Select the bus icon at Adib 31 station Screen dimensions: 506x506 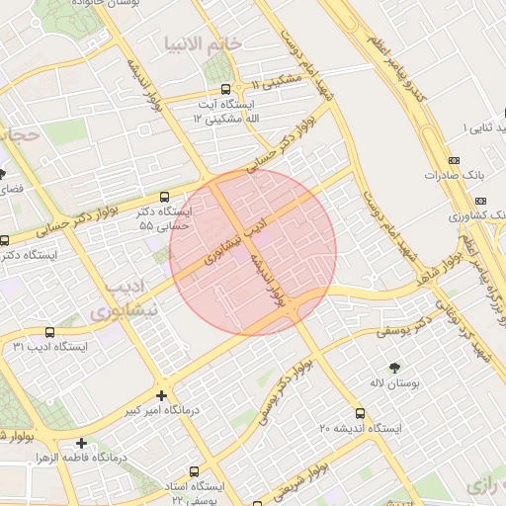pyautogui.click(x=51, y=331)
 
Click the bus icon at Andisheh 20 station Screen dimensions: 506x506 pyautogui.click(x=359, y=413)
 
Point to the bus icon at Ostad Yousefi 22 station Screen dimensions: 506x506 pyautogui.click(x=194, y=471)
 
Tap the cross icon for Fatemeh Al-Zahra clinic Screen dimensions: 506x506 pyautogui.click(x=81, y=443)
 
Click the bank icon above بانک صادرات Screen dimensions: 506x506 pyautogui.click(x=454, y=160)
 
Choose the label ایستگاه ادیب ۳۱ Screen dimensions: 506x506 pyautogui.click(x=50, y=347)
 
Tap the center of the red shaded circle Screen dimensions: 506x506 pyautogui.click(x=253, y=251)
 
